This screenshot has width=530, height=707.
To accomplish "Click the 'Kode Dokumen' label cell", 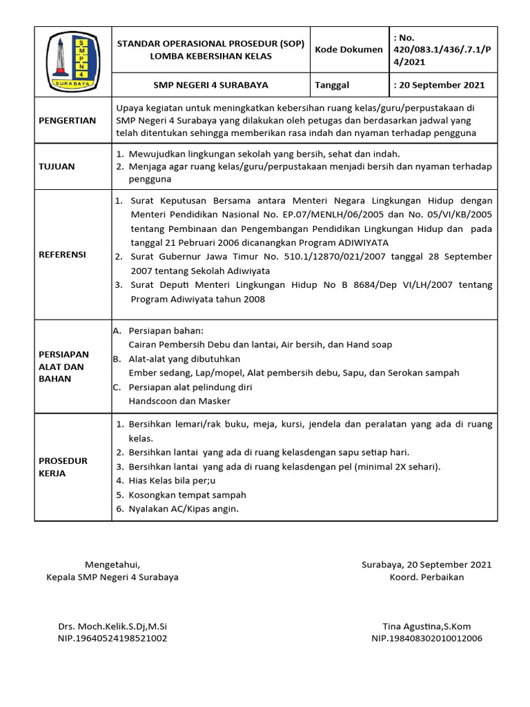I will pos(349,50).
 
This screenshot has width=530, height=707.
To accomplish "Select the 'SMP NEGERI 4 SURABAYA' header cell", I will pos(210,86).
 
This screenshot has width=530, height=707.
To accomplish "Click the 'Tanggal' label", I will pos(332,86).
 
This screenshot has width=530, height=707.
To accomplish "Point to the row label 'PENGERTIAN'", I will pos(67,120).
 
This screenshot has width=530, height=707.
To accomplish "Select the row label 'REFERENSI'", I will pos(62,255).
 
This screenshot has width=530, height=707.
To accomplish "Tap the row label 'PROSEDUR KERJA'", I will pos(63,467).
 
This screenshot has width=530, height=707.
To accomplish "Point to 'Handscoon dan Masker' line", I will pos(179,401).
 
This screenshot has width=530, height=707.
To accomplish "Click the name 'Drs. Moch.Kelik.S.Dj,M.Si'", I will pos(112,626).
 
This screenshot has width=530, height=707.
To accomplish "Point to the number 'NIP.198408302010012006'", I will pos(426,639).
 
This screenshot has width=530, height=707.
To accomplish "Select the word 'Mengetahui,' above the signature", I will pos(112,564).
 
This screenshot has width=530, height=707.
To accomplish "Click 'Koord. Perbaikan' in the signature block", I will pos(426,577).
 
